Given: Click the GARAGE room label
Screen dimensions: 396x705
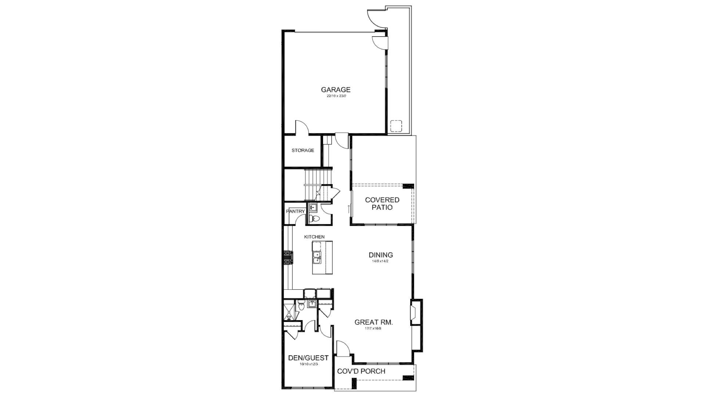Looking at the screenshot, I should click(336, 89).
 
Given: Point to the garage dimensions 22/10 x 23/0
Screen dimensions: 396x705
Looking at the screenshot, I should click(336, 96).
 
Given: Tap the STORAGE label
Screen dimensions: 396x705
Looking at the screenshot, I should click(303, 150).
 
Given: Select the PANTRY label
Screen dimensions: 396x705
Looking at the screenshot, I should click(295, 212).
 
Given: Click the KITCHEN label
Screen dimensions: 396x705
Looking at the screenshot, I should click(314, 237).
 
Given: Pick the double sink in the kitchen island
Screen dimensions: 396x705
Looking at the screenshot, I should click(317, 258).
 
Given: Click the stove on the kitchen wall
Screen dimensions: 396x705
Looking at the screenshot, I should click(288, 257).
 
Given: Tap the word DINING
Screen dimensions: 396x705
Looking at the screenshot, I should click(381, 255).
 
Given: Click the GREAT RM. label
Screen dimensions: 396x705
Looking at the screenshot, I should click(373, 322).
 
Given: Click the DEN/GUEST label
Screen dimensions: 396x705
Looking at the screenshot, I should click(308, 358).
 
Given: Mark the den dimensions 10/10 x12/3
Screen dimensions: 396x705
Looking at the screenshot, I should click(308, 364).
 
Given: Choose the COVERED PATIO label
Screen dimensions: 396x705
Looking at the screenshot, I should click(382, 203).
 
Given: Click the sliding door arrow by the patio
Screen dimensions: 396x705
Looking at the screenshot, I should click(349, 209).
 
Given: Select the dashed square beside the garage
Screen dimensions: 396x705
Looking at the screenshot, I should click(396, 126).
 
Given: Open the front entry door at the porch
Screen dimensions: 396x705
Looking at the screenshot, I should click(343, 349).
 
